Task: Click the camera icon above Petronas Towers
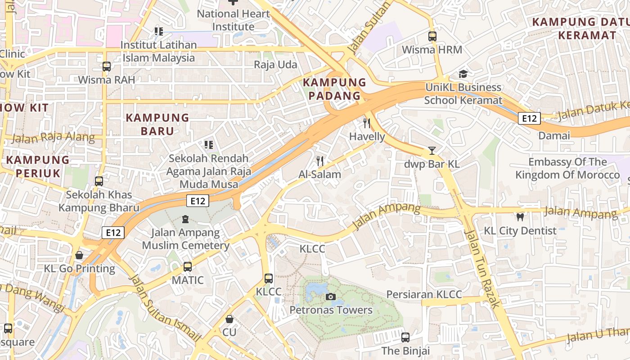(330, 297)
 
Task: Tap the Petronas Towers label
(331, 310)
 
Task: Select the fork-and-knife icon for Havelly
(367, 123)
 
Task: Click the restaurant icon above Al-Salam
(320, 161)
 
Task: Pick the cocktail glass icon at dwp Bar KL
(432, 150)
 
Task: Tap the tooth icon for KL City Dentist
(520, 217)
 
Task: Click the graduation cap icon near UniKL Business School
(463, 74)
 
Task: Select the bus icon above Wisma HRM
(432, 36)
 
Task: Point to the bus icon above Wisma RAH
(106, 67)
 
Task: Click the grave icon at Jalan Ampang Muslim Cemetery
(185, 220)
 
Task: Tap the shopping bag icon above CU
(229, 319)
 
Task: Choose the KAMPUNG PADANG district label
(334, 89)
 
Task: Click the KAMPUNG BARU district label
(157, 124)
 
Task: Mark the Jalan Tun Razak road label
(482, 269)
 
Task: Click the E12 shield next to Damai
(529, 118)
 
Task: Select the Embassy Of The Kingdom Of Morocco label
(567, 168)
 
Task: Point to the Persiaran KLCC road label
(424, 295)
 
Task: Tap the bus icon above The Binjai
(405, 337)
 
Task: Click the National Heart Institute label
(233, 20)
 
